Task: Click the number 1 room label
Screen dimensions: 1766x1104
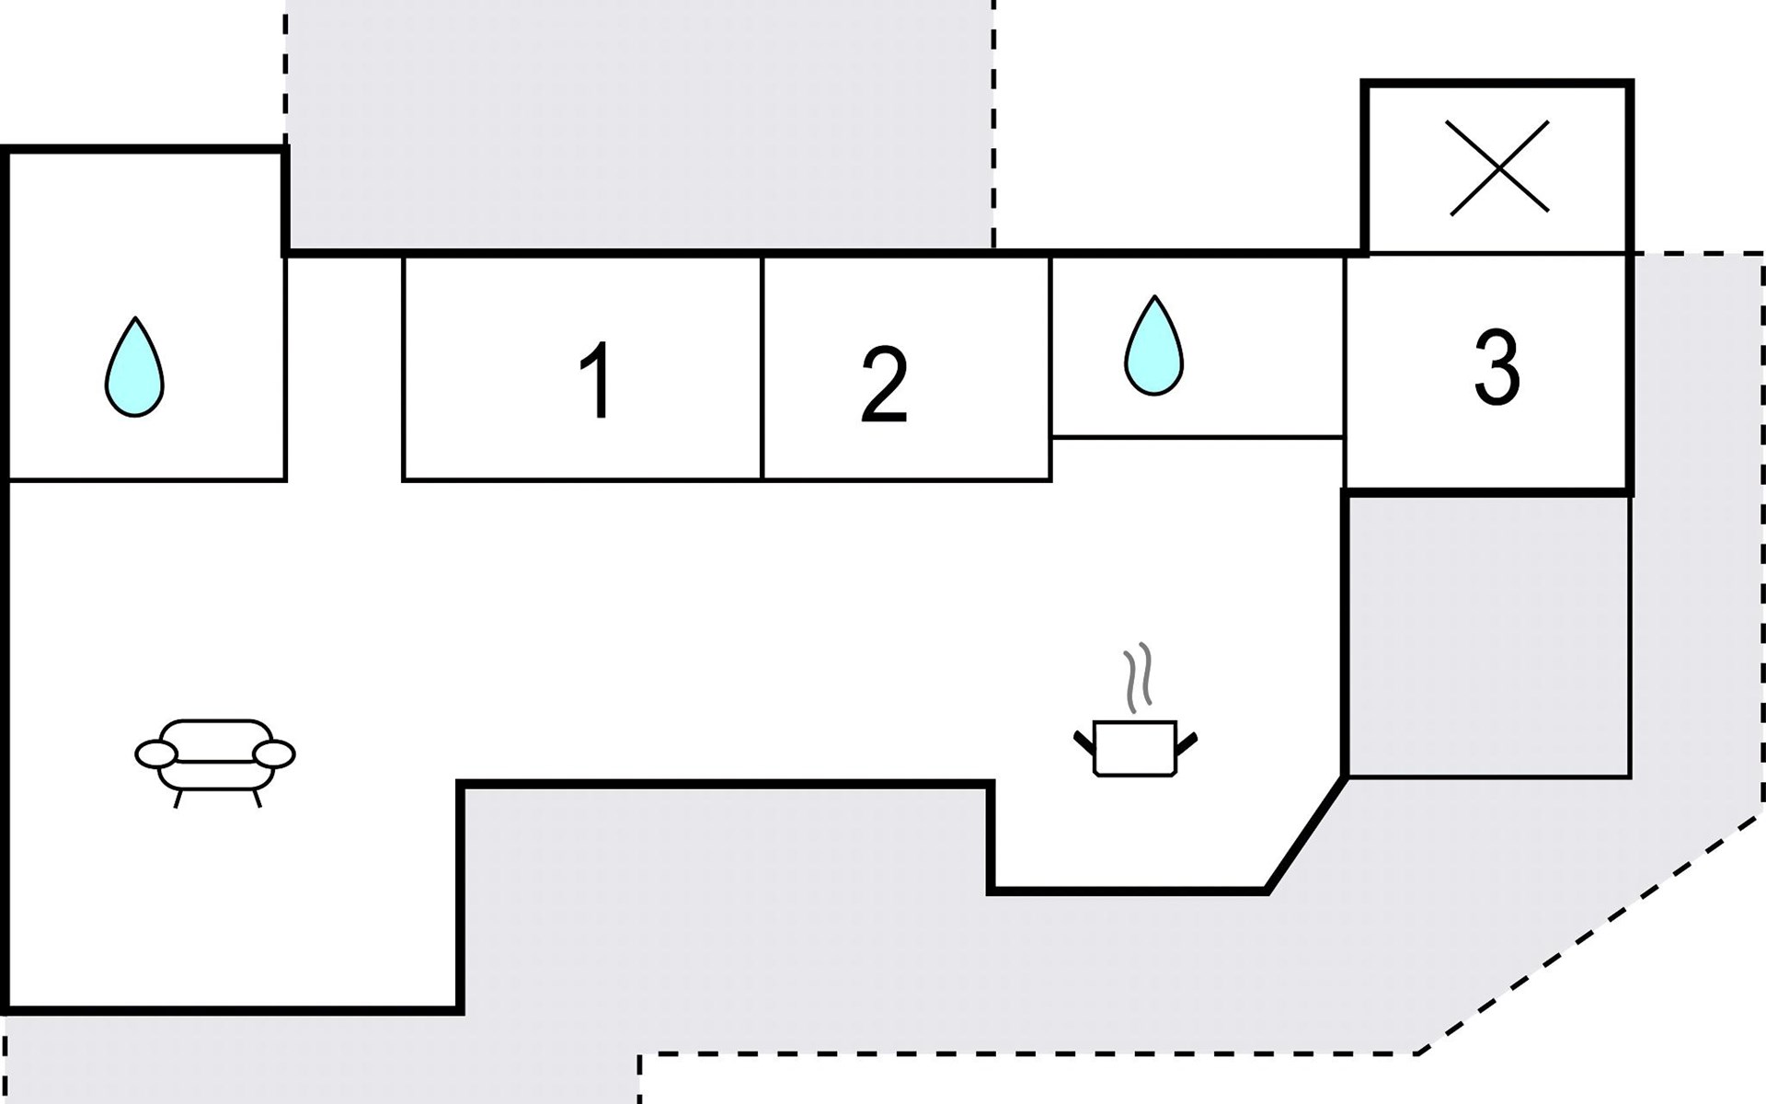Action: (597, 380)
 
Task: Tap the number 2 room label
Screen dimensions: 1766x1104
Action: (884, 385)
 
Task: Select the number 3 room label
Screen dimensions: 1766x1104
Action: (1497, 368)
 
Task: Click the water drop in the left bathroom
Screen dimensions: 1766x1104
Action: (134, 367)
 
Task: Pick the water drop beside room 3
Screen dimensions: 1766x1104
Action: (1153, 346)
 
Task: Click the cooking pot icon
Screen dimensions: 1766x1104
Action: (1136, 748)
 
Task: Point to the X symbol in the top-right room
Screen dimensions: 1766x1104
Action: (1499, 167)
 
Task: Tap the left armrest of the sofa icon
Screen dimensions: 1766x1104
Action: (155, 754)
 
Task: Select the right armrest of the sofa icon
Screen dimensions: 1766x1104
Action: (274, 754)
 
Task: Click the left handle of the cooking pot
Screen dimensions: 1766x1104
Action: (1084, 742)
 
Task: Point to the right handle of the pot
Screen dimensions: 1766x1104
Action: (1187, 742)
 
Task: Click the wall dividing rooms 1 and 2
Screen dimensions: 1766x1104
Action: (763, 368)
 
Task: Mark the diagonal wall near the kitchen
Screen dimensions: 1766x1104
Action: (1306, 834)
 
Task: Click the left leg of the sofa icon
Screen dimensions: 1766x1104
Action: (177, 799)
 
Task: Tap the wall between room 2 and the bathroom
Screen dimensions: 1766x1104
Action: (1051, 368)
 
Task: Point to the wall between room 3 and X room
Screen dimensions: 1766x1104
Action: (1497, 253)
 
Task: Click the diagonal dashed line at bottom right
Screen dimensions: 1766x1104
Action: (1590, 935)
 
